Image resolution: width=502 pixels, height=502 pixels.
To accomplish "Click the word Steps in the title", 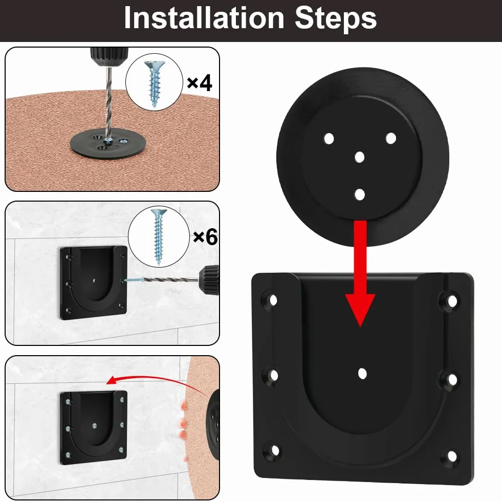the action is [x=336, y=19].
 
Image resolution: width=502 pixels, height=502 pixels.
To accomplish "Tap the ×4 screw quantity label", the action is [x=200, y=82].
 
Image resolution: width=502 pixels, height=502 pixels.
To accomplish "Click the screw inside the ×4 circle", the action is [x=155, y=84].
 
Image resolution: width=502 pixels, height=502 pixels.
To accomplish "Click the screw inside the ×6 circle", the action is [x=159, y=237].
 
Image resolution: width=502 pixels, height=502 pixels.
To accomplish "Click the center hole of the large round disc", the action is [x=360, y=157].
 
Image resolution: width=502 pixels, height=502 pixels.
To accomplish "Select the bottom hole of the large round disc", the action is [x=360, y=194].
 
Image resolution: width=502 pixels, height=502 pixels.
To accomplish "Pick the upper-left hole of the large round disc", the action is [x=329, y=139].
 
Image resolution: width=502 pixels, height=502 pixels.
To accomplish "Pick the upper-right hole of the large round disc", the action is [x=391, y=138].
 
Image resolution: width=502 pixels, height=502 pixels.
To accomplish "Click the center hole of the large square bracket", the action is [x=362, y=373].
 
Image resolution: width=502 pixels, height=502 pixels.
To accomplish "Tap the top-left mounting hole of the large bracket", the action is [x=273, y=300].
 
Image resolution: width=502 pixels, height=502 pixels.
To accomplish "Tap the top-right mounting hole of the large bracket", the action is [x=452, y=301].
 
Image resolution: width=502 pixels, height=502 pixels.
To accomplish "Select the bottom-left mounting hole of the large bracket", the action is [x=275, y=451].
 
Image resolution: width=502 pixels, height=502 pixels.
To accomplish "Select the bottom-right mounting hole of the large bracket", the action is [x=452, y=456].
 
